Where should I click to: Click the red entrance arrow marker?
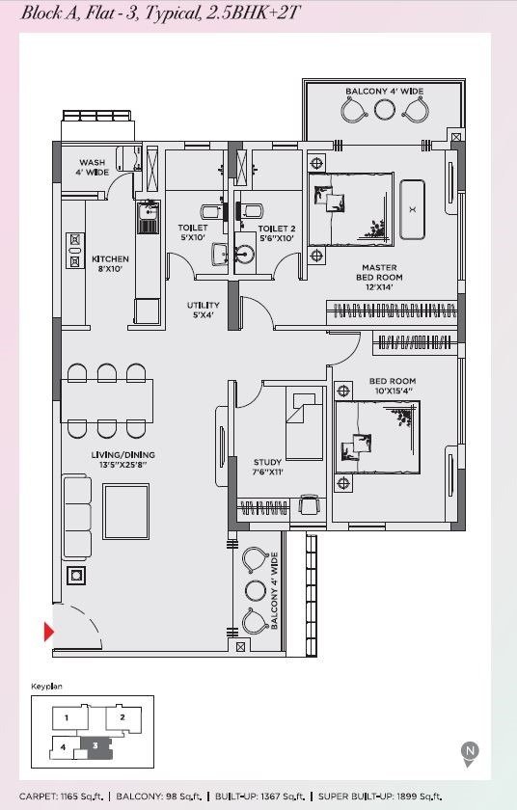pyautogui.click(x=48, y=632)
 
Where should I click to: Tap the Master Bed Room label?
pyautogui.click(x=379, y=277)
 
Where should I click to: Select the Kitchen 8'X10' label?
pyautogui.click(x=110, y=263)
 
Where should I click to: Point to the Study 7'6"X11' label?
pyautogui.click(x=267, y=467)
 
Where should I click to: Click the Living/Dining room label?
pyautogui.click(x=122, y=459)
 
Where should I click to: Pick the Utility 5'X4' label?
pyautogui.click(x=203, y=310)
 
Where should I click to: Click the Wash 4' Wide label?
pyautogui.click(x=93, y=168)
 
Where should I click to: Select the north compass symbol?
pyautogui.click(x=470, y=754)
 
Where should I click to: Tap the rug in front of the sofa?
pyautogui.click(x=126, y=511)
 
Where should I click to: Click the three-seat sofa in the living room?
pyautogui.click(x=77, y=518)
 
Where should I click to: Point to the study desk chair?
pyautogui.click(x=309, y=504)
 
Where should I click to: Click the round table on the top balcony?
pyautogui.click(x=384, y=110)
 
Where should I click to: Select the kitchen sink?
pyautogui.click(x=149, y=218)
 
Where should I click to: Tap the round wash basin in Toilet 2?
pyautogui.click(x=244, y=254)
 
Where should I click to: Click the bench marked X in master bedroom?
pyautogui.click(x=412, y=209)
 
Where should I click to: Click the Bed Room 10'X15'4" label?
pyautogui.click(x=393, y=386)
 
